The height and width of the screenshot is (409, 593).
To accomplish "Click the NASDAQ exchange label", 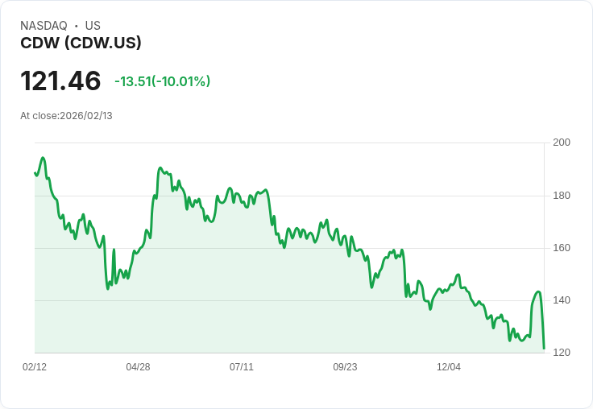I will [x=44, y=26].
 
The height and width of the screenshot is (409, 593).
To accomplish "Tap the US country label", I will [x=93, y=26].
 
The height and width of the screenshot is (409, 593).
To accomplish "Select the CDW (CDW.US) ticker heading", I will [x=81, y=43].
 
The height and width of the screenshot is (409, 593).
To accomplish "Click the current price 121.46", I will [x=60, y=81].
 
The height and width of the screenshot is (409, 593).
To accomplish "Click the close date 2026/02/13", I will [x=86, y=116].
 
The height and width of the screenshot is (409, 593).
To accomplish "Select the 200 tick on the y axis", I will [x=562, y=143].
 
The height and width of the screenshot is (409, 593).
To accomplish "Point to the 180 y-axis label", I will [x=562, y=196].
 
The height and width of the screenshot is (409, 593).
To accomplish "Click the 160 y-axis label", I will [x=562, y=248].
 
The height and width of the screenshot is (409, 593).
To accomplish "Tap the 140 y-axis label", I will [x=562, y=300].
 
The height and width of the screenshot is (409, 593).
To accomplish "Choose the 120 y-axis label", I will [x=562, y=353].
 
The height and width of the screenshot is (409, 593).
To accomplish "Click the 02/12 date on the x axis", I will [x=35, y=367].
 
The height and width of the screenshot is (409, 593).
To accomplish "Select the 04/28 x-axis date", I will [x=138, y=367].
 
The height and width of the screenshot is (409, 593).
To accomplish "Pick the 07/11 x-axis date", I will [x=242, y=367].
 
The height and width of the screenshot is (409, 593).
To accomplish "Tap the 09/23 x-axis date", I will [x=345, y=367].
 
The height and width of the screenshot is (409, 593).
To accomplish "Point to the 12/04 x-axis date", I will [x=449, y=367].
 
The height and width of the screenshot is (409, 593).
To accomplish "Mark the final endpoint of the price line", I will [x=544, y=349].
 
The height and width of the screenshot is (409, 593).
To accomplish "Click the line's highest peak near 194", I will [x=43, y=158].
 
